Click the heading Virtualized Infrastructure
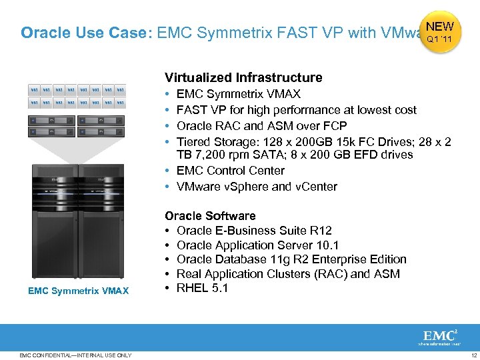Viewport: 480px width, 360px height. pos(243,77)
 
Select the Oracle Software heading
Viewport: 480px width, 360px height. pos(210,215)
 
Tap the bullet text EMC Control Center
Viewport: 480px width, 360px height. pos(231,171)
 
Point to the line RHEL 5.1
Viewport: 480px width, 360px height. pos(203,288)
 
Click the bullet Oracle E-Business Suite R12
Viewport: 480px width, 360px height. pos(254,230)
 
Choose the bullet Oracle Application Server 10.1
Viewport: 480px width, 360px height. pos(258,245)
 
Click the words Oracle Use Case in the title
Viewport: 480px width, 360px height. pos(85,33)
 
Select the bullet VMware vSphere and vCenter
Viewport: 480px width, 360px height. pos(257,187)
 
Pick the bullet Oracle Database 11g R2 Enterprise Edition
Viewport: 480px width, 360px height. pos(291,259)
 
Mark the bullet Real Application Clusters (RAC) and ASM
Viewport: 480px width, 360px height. pos(288,273)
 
